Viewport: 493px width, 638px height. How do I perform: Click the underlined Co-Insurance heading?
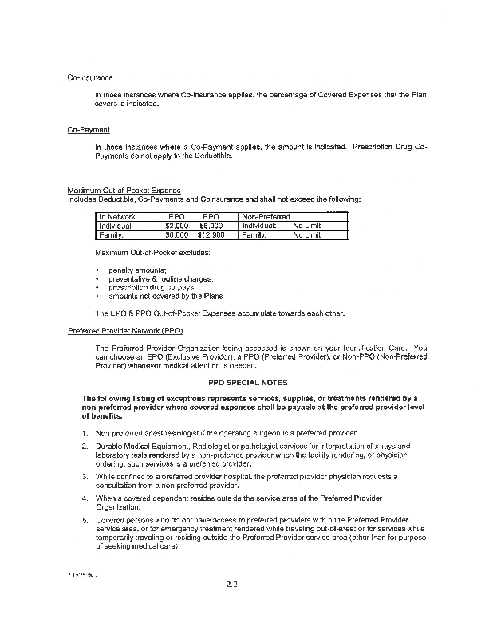(89, 77)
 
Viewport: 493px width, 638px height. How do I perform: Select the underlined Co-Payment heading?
(89, 129)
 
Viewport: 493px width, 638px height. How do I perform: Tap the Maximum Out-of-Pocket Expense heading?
(124, 191)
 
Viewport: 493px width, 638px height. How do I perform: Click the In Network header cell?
(117, 216)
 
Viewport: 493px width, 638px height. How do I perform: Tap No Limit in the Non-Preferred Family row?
(307, 235)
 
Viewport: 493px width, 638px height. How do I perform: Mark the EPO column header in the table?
(177, 216)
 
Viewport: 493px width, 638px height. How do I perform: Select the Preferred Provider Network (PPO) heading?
(125, 330)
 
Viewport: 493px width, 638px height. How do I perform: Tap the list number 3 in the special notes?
(85, 476)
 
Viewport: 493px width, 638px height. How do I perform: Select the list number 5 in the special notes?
(85, 519)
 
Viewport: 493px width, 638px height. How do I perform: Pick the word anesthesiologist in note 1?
(164, 432)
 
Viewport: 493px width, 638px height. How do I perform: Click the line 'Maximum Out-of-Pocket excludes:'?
(140, 253)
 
